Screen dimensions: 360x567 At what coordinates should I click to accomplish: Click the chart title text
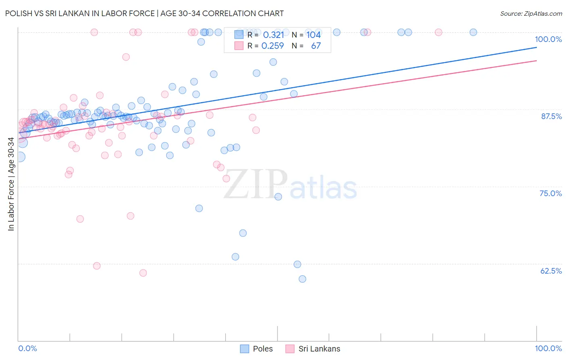(144, 13)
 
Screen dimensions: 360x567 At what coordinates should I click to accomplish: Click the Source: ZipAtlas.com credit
(531, 13)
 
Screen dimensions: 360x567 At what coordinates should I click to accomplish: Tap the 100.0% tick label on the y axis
(548, 39)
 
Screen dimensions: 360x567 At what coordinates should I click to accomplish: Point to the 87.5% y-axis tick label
(551, 116)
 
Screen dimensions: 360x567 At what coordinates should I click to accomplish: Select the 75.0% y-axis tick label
(550, 193)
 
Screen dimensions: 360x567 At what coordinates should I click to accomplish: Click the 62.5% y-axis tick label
(551, 271)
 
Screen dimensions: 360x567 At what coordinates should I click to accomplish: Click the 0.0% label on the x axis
(27, 348)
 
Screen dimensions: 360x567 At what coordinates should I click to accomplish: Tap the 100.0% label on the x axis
(548, 348)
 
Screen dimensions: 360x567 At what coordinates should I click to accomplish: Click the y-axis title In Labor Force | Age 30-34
(11, 184)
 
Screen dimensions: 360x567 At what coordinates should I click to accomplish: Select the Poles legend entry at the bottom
(256, 349)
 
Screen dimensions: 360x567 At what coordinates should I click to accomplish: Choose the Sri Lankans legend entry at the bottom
(313, 349)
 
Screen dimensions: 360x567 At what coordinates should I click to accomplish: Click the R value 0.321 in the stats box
(273, 35)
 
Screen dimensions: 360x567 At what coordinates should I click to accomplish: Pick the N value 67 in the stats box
(316, 46)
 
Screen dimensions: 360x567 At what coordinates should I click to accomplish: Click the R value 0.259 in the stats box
(273, 46)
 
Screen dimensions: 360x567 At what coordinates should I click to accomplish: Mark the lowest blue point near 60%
(302, 279)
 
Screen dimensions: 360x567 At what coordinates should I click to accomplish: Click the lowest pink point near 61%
(143, 273)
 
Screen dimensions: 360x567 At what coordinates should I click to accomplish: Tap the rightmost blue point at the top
(473, 32)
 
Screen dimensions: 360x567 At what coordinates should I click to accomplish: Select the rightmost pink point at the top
(438, 32)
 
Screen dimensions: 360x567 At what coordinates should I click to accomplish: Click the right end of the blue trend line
(536, 47)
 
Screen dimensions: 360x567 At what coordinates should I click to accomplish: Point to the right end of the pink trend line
(536, 61)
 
